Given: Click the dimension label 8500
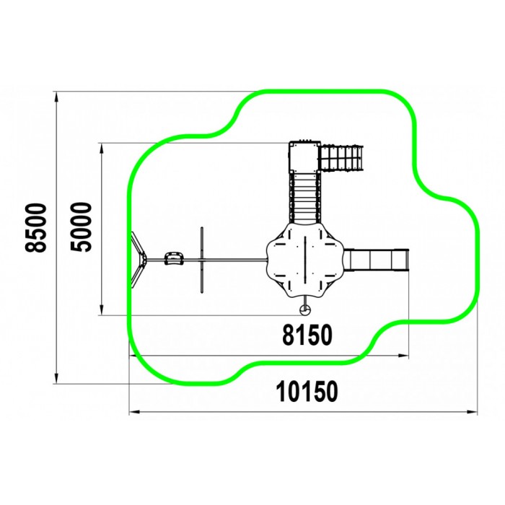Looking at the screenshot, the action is point(36,227).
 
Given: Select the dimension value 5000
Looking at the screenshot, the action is point(81,227).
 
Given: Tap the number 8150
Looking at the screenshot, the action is point(307,335).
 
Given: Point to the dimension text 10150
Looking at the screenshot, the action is point(307,391).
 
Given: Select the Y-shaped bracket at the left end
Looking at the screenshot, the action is point(139,260).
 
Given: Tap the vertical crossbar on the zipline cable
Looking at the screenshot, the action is point(202,260).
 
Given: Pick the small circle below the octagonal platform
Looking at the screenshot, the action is point(304,310).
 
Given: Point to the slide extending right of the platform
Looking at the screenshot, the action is point(377,260).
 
